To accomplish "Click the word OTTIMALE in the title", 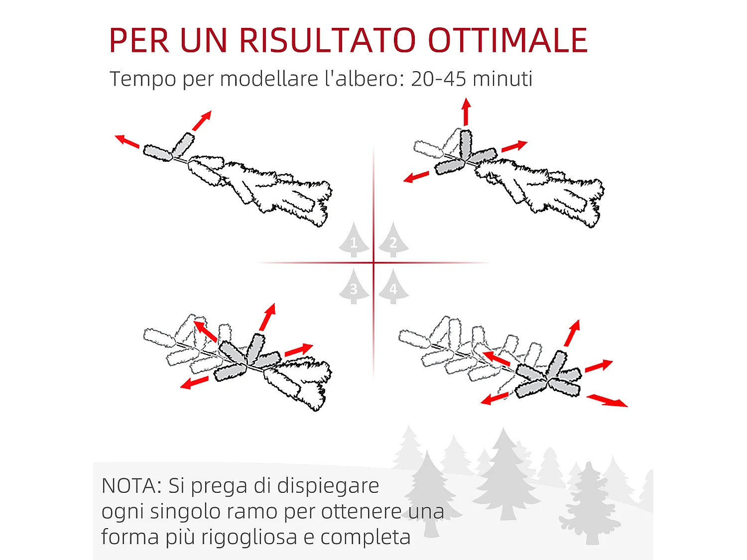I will tap(507, 40).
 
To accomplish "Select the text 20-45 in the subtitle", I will tap(438, 79).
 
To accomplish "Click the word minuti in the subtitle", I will tap(502, 79).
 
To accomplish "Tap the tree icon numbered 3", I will tap(354, 287).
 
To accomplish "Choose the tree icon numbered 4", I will tap(393, 287).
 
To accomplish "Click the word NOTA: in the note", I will tap(131, 486).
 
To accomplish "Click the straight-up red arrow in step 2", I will tap(466, 112).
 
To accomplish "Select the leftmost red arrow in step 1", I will tap(127, 141).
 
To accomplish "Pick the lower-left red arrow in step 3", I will tap(194, 382).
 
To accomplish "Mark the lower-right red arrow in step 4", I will tap(607, 400).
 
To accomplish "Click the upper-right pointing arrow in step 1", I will tap(202, 121).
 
